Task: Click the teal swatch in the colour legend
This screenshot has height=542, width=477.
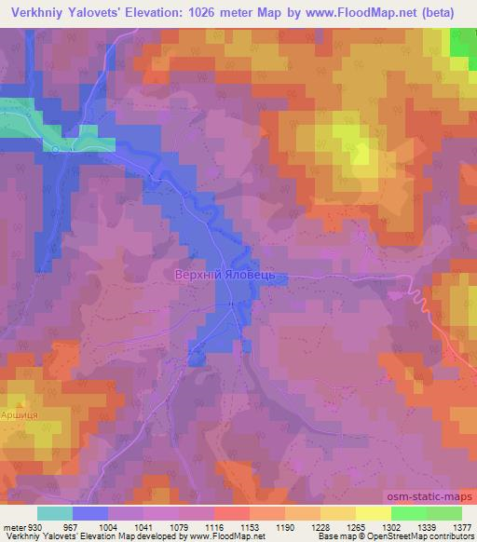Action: point(55,514)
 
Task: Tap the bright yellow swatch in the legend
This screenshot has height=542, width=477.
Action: point(373,514)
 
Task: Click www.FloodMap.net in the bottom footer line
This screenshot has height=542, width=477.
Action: point(225,535)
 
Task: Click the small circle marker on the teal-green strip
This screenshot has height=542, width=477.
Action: point(56,148)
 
